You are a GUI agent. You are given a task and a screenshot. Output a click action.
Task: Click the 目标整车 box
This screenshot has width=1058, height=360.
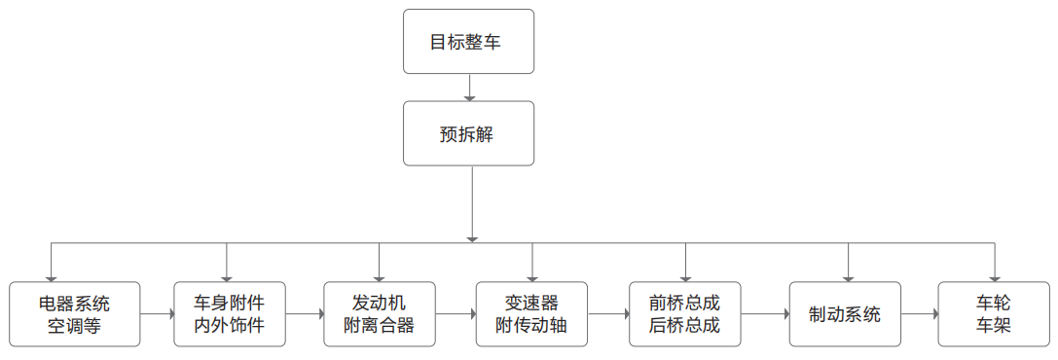pos(468,42)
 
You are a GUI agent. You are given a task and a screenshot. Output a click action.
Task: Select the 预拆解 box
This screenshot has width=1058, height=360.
pos(468,133)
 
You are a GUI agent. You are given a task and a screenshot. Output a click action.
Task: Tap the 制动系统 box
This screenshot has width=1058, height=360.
pos(845,314)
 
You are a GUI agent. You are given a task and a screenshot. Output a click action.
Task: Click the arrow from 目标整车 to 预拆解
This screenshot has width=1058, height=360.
pos(469,88)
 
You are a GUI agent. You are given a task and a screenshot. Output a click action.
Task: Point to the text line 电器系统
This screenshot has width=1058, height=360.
pos(75,303)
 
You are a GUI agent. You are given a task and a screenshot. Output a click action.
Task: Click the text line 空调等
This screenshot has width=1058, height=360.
pos(75,326)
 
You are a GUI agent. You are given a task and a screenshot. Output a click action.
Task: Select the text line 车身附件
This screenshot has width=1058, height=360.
pos(230,303)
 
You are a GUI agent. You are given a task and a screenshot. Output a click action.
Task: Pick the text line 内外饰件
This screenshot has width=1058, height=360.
pos(230,326)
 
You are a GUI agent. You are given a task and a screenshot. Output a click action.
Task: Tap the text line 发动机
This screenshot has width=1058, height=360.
pos(380,303)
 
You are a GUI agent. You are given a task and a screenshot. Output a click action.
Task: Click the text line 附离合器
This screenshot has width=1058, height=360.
pos(380,326)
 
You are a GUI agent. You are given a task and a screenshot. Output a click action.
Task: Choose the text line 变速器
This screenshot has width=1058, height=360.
pos(531,303)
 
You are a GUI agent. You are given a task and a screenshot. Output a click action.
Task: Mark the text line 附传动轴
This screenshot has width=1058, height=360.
pos(531,326)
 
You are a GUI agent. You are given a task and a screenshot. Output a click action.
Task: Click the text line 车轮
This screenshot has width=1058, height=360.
pos(994,303)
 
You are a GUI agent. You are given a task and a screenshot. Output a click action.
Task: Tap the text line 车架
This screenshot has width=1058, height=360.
pos(994,326)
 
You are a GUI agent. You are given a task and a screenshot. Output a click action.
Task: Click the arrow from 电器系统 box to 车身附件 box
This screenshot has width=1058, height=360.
pos(157,314)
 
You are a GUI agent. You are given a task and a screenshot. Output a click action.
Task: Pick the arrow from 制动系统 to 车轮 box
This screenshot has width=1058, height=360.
pos(919,314)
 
